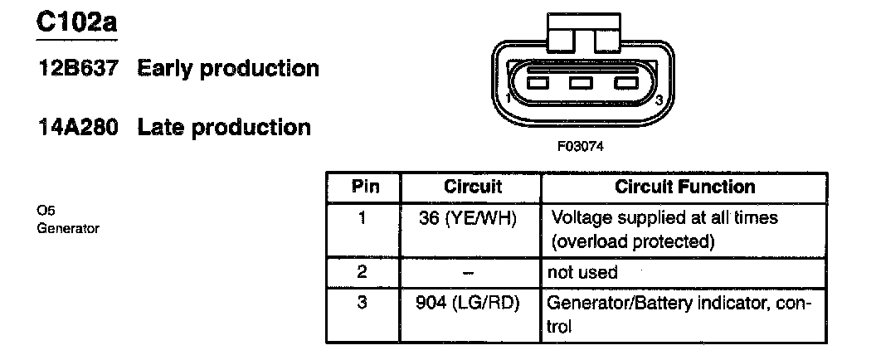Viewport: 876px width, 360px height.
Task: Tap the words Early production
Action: pos(228,69)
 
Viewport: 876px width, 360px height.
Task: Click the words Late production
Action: pos(224,128)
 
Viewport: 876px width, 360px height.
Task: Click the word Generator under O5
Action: pos(68,228)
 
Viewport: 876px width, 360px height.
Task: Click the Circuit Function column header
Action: pos(685,187)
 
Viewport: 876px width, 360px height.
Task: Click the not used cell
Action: pos(582,272)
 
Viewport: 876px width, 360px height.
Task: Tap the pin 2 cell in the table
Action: pos(363,272)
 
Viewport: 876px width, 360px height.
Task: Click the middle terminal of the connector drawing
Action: pos(581,83)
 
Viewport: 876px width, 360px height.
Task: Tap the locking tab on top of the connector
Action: pos(580,32)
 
